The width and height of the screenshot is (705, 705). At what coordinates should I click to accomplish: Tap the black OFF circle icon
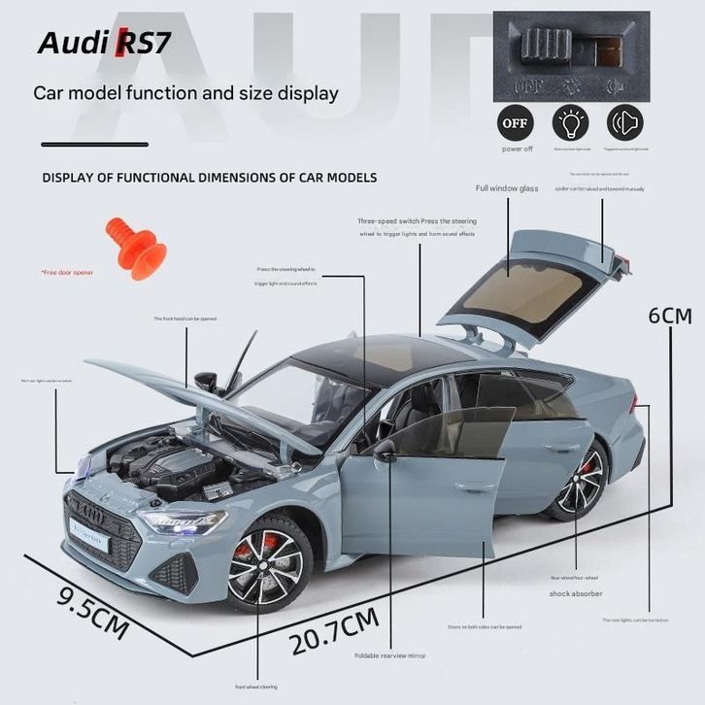coord(516,123)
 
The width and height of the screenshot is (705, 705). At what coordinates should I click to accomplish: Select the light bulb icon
coord(571,123)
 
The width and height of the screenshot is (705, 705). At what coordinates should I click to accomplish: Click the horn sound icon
coord(625,123)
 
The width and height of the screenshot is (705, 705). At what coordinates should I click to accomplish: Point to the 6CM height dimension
coord(670,317)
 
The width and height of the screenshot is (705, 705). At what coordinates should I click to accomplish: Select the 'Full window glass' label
coord(506,188)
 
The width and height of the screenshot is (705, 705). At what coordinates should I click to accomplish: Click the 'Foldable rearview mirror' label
coord(389,655)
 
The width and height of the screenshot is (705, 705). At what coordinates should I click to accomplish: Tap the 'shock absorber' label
coord(576,593)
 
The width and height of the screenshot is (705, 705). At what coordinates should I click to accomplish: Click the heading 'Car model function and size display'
coord(185,94)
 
